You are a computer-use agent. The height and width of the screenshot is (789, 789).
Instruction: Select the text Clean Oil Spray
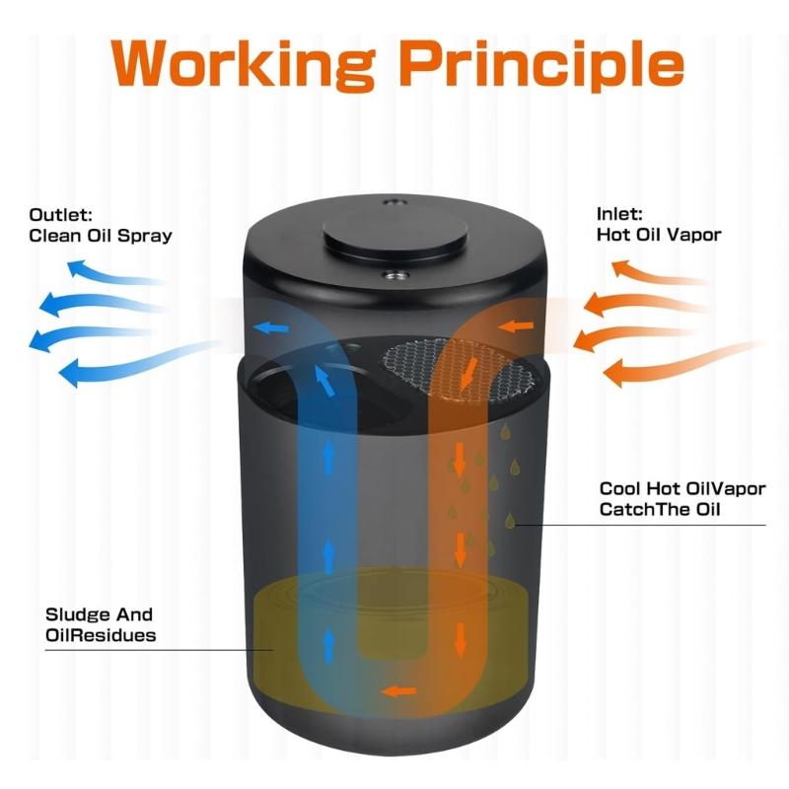pos(101,236)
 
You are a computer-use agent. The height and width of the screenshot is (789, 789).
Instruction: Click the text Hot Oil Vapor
pos(659,235)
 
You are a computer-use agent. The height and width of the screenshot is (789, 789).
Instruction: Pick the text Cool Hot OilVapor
pos(682,489)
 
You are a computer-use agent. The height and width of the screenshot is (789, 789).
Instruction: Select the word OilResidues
pos(101,635)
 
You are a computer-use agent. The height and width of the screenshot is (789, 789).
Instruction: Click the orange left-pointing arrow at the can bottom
pos(398,690)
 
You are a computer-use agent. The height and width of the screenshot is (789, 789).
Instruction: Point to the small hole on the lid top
pos(394,203)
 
